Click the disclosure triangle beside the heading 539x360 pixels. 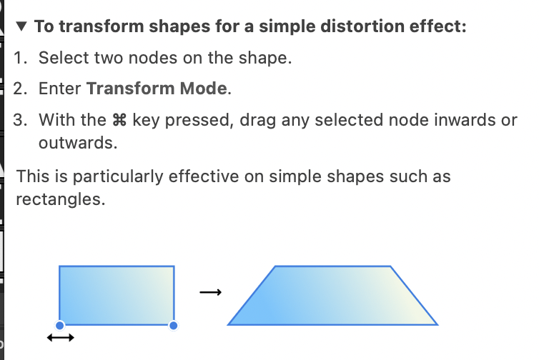coord(21,26)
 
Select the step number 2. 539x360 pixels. coord(20,89)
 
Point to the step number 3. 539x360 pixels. coord(20,120)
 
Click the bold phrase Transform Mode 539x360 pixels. coord(157,89)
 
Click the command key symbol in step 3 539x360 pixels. coord(119,120)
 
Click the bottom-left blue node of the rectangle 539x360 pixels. coord(60,325)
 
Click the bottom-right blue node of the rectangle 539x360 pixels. coord(174,325)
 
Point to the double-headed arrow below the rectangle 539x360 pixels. coord(61,338)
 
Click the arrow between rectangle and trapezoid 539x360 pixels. coord(211,292)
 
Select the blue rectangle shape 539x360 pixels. coord(117,296)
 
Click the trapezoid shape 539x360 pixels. coord(332,296)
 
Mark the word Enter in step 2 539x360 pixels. coord(60,89)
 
